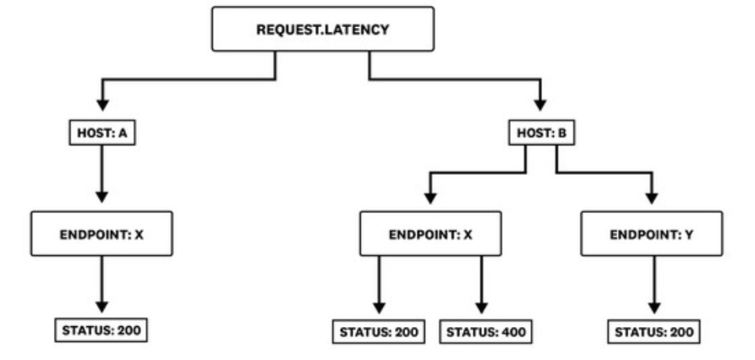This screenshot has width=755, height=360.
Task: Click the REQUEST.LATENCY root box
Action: (323, 29)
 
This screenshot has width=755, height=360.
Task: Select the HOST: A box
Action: (102, 133)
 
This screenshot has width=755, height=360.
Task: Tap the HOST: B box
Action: (542, 133)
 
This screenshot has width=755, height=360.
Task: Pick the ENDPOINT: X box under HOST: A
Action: (101, 234)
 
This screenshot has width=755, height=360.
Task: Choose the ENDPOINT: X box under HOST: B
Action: (430, 234)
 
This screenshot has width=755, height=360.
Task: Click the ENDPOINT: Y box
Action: (652, 234)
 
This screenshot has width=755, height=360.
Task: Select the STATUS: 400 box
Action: (486, 331)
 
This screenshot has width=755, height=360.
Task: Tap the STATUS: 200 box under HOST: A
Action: (101, 330)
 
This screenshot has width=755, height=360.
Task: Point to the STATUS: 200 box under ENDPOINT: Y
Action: (654, 331)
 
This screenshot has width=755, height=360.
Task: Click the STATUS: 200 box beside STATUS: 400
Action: (379, 331)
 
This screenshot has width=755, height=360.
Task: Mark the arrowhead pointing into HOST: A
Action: (102, 105)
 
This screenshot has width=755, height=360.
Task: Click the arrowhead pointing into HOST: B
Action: (540, 105)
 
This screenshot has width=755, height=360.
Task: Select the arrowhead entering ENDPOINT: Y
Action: (652, 198)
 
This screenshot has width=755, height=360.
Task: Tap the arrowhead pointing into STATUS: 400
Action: (482, 308)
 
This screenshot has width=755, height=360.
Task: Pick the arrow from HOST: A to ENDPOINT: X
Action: (101, 174)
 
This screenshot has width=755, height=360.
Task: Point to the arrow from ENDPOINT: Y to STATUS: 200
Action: (654, 285)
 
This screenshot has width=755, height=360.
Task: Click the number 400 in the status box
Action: (514, 332)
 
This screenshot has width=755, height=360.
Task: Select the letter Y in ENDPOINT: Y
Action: (689, 235)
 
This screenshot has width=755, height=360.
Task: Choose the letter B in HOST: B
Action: (562, 134)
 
